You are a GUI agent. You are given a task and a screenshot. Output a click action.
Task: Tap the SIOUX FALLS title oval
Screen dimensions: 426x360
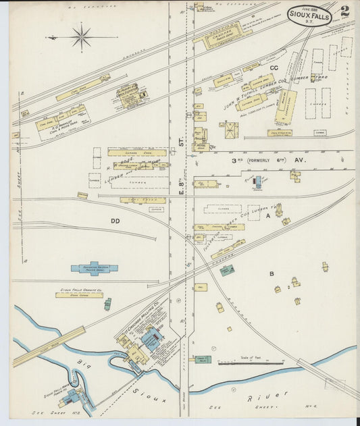coord(309,14)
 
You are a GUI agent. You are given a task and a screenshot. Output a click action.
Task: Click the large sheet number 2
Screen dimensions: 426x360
coord(344,11)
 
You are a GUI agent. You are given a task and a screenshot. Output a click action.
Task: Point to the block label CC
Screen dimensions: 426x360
coord(274,68)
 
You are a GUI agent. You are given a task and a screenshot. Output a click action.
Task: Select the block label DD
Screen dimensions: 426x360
coord(115,220)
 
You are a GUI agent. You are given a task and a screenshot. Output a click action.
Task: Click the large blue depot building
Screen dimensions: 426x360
coord(95,268)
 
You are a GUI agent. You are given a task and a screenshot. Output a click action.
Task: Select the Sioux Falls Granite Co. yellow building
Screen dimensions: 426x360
coord(80,295)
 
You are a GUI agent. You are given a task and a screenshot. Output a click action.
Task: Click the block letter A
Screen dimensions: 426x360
coord(268,215)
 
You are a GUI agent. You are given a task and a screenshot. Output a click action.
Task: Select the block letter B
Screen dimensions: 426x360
coord(272,273)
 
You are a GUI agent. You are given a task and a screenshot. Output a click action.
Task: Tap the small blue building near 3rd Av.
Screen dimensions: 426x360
coord(257,181)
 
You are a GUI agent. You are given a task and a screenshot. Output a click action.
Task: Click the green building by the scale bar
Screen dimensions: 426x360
coord(203,359)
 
